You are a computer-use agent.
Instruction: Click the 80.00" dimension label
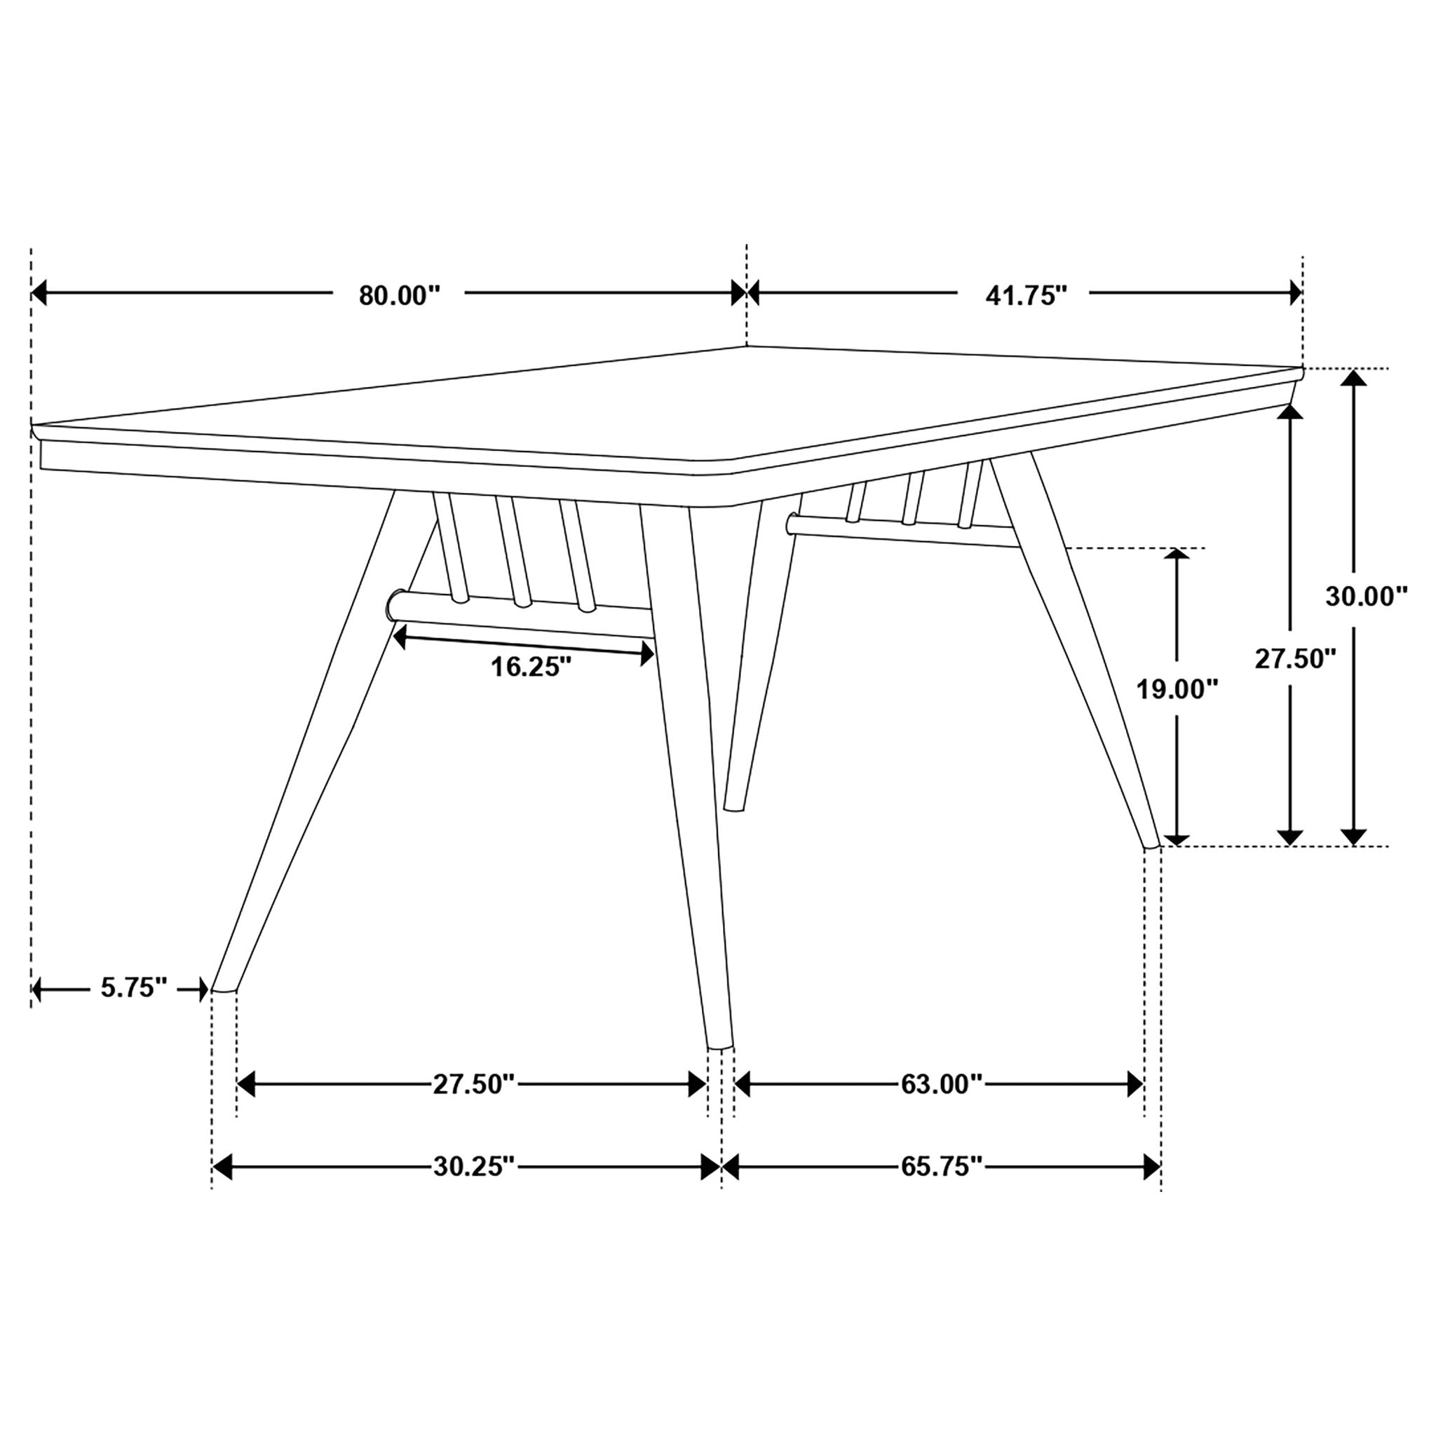pyautogui.click(x=399, y=295)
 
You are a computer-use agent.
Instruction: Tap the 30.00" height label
pyautogui.click(x=1366, y=596)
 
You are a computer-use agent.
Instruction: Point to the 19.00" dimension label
pyautogui.click(x=1177, y=689)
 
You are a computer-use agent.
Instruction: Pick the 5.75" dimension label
pyautogui.click(x=133, y=989)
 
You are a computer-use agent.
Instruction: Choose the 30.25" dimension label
pyautogui.click(x=473, y=1167)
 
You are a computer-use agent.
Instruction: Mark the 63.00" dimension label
pyautogui.click(x=942, y=1085)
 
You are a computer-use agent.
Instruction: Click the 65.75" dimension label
pyautogui.click(x=942, y=1167)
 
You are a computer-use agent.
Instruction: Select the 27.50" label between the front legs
pyautogui.click(x=473, y=1085)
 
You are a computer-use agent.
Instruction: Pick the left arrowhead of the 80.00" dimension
pyautogui.click(x=39, y=293)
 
